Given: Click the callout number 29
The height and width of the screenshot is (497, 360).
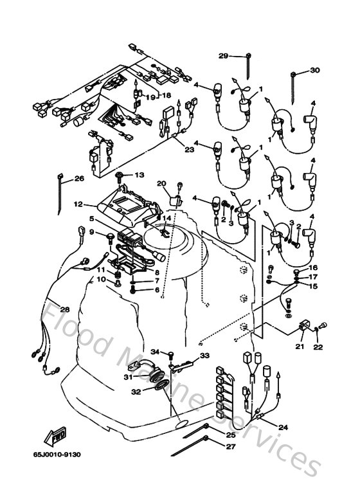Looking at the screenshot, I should (223, 57).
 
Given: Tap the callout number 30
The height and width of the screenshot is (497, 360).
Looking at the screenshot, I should (314, 70).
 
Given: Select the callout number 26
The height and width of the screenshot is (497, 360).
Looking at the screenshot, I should (79, 179).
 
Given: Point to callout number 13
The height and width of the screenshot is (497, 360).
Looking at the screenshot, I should (139, 175).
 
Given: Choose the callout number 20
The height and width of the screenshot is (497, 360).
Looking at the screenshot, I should (161, 183).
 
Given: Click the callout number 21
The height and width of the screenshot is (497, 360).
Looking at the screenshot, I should (300, 347).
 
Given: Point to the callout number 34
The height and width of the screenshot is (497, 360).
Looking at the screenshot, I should (155, 352).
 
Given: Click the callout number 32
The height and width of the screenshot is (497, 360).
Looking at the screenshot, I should (136, 391).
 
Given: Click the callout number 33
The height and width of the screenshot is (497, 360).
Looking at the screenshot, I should (204, 356).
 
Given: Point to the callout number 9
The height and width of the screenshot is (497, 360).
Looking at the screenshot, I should (91, 232).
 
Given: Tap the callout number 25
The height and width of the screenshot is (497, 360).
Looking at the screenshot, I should (231, 434).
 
